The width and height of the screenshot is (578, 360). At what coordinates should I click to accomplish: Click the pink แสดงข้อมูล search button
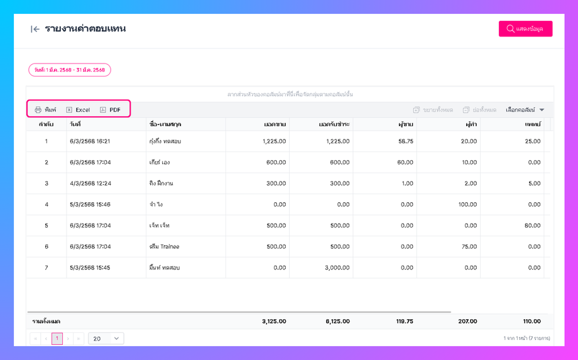click(525, 29)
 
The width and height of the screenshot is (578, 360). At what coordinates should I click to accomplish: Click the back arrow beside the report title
click(35, 29)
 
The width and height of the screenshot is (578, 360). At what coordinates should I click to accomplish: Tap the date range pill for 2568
click(69, 70)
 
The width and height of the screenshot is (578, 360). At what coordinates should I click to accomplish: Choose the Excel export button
click(78, 110)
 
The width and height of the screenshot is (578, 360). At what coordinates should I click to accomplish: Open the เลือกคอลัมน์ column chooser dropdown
click(525, 110)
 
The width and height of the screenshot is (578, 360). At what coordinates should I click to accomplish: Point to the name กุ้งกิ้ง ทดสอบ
click(165, 141)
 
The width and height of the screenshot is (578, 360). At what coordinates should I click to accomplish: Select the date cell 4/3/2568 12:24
click(89, 183)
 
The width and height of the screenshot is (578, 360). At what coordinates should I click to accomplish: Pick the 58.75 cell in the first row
click(405, 141)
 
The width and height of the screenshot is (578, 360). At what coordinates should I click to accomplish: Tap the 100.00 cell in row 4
click(467, 204)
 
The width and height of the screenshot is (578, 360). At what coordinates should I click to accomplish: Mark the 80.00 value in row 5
click(532, 226)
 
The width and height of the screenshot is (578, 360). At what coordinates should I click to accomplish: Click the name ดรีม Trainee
click(164, 246)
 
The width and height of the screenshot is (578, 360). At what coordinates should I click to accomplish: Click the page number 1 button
click(57, 339)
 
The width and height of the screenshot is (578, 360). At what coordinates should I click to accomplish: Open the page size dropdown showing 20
click(106, 339)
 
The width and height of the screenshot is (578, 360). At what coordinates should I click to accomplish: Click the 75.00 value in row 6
click(469, 246)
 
